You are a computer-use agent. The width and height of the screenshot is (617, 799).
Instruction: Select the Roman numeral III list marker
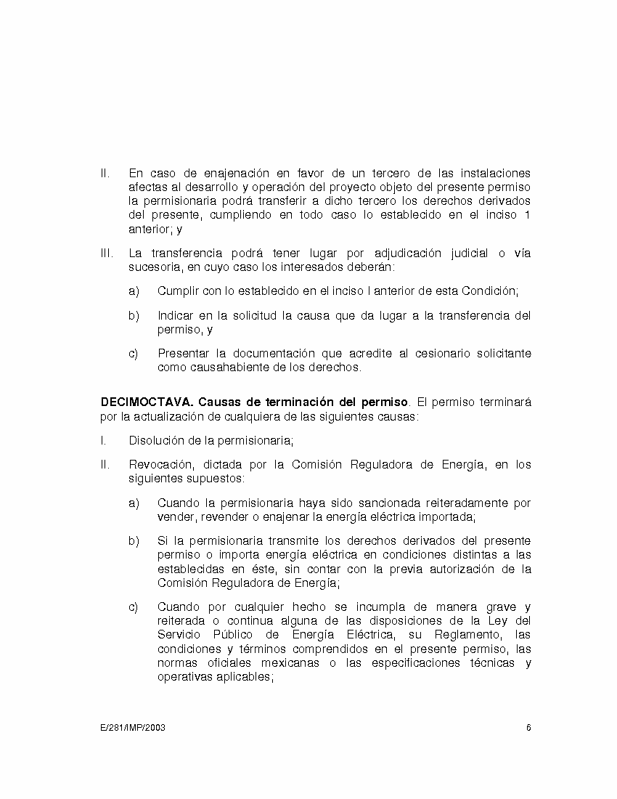click(x=106, y=254)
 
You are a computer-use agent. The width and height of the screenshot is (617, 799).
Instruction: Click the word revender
click(x=211, y=516)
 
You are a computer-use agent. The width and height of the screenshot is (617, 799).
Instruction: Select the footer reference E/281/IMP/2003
click(x=133, y=727)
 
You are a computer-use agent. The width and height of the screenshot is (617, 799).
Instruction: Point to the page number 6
click(x=529, y=727)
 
